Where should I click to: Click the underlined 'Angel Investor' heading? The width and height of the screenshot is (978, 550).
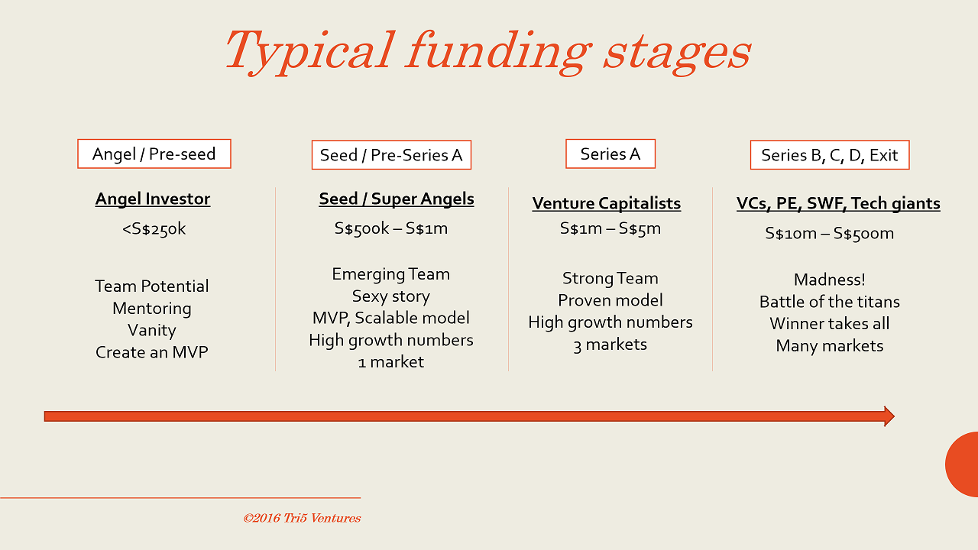coord(152,199)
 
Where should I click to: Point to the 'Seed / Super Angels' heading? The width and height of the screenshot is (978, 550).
coord(397,199)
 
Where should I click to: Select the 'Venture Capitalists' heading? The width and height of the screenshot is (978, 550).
coord(607,203)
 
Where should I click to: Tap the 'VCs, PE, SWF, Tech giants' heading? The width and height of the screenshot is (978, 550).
coord(838,203)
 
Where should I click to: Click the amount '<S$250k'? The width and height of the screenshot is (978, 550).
coord(154,228)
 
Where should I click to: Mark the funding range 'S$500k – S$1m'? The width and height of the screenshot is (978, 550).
coord(391,228)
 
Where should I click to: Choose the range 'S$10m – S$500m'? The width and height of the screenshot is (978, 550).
coord(830,233)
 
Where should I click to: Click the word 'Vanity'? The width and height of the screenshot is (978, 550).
coord(152,331)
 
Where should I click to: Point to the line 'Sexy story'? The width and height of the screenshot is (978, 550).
coord(391,296)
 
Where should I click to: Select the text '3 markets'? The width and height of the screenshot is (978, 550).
coord(610,345)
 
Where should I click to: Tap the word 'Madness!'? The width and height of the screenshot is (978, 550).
coord(830,280)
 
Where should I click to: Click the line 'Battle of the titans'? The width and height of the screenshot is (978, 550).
coord(830,302)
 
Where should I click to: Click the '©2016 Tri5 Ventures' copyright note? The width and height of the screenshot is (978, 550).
coord(302,518)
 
